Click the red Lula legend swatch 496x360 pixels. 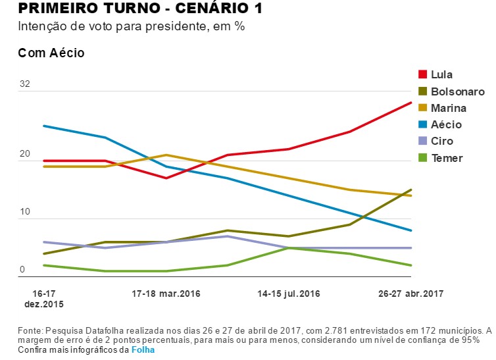422,74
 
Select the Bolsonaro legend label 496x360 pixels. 457,91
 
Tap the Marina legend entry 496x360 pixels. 449,108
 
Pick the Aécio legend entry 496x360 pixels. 446,124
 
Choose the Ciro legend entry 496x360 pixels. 442,141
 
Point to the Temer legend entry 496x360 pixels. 447,158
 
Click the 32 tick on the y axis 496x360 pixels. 25,84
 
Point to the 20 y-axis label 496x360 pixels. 25,154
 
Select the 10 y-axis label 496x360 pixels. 25,212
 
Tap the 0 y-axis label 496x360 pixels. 22,270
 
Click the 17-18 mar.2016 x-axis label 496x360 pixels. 166,293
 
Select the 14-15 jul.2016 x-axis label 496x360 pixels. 289,293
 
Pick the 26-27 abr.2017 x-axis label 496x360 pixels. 411,293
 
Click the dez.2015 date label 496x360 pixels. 44,304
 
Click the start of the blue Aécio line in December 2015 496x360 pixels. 44,126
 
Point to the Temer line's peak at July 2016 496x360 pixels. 289,248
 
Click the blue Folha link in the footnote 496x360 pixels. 143,350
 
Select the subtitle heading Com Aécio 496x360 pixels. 51,53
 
